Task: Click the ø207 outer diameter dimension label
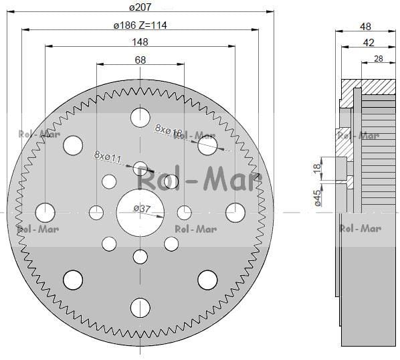tap(140, 7)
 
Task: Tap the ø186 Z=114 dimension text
tap(140, 25)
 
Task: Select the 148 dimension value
tap(140, 42)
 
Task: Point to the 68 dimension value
tap(140, 60)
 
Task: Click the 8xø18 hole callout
tap(169, 130)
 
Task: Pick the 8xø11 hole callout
tap(108, 157)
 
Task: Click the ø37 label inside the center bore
tap(142, 209)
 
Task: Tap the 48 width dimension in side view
tap(365, 27)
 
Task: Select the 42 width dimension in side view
tap(369, 43)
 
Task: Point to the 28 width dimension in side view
tap(379, 59)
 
